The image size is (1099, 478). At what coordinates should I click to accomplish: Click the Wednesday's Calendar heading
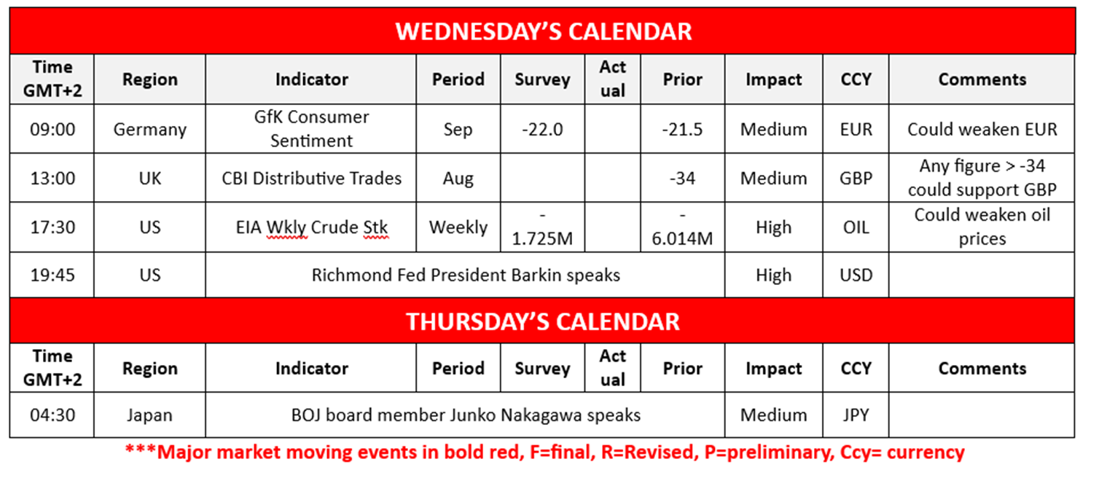click(543, 31)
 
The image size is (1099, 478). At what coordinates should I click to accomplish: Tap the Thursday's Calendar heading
click(543, 322)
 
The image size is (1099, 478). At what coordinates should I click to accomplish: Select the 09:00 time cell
click(52, 130)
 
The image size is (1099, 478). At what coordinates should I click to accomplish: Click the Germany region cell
click(149, 130)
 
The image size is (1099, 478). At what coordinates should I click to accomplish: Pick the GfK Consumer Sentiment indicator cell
click(311, 128)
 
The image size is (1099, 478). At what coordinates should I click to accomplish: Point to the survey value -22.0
click(542, 130)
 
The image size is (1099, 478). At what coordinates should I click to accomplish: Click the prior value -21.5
click(682, 130)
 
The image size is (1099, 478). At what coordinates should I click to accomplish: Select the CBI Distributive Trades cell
click(311, 178)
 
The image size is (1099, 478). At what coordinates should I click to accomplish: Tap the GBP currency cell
click(856, 178)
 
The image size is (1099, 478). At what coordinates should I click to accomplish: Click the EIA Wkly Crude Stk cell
click(311, 227)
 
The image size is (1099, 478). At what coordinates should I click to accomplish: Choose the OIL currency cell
click(856, 227)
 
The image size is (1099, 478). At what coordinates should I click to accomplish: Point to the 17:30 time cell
click(52, 227)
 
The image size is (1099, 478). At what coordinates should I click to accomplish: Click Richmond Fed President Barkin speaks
click(466, 275)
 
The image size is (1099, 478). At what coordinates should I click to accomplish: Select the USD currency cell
click(856, 275)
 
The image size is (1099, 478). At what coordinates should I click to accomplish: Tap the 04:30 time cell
click(52, 415)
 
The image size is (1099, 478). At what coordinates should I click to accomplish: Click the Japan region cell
click(149, 415)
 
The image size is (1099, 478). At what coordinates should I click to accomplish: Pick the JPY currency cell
click(856, 415)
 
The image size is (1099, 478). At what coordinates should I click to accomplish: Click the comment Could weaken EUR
click(982, 130)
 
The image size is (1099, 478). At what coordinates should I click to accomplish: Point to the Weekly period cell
click(458, 227)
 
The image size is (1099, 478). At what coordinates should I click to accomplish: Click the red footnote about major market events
click(544, 452)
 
